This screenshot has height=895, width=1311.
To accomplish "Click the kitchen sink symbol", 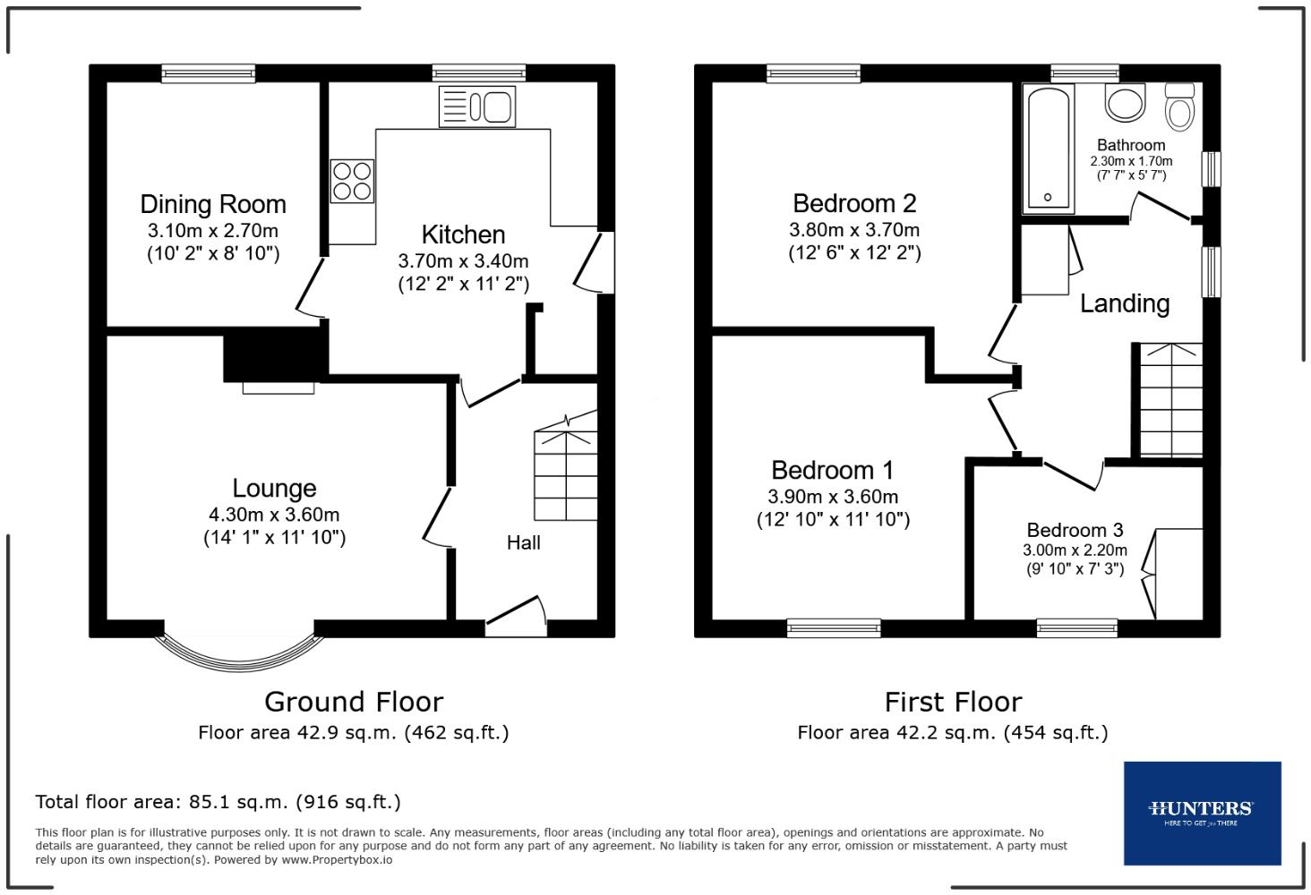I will tap(476, 107).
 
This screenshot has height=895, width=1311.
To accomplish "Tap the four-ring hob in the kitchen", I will tap(352, 180).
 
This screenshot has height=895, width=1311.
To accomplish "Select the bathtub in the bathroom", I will tap(1049, 149).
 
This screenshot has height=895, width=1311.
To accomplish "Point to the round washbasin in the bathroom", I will tap(1126, 102).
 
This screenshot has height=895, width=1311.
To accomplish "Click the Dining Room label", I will tap(213, 204).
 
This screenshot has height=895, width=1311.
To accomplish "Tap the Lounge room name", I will tap(274, 488).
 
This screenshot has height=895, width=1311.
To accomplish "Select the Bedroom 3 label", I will tap(1075, 530).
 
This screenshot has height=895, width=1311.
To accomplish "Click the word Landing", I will tap(1125, 303).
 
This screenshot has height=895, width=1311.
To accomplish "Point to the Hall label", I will tap(523, 542).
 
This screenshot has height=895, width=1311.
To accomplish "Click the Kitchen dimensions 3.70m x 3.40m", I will tap(463, 261).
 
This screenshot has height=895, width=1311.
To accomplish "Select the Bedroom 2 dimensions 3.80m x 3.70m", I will tap(853, 230).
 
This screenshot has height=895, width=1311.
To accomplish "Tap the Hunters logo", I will tap(1202, 813).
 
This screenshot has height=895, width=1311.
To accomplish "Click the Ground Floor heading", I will tap(353, 701).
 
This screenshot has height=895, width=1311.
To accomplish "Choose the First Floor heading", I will tap(953, 701).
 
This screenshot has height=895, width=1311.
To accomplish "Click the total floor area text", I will tap(218, 801).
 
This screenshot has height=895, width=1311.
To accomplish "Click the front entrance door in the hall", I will tap(516, 617).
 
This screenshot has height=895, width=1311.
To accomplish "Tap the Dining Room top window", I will tap(209, 74).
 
